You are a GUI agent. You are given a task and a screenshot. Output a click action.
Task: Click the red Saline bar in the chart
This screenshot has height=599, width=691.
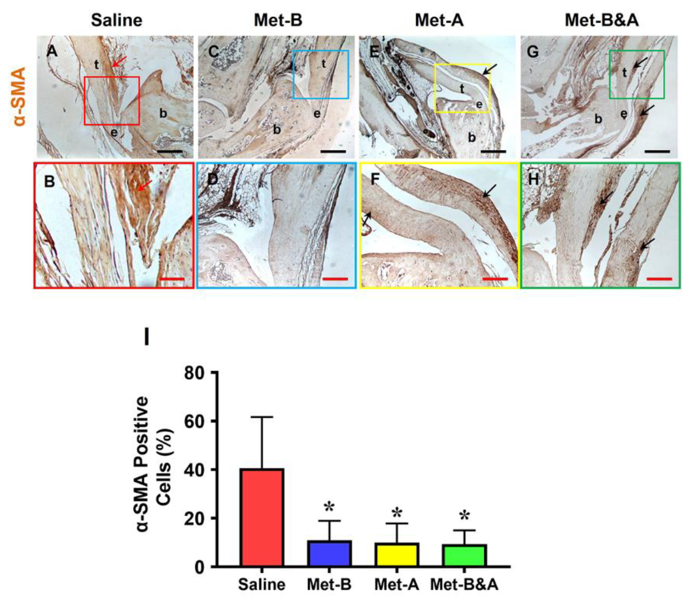tap(262, 518)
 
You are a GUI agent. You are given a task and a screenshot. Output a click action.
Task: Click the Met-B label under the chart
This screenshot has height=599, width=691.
tap(329, 585)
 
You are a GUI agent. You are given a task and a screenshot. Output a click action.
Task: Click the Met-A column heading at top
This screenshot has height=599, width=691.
tap(439, 20)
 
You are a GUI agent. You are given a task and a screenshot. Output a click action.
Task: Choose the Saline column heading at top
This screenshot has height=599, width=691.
tap(116, 20)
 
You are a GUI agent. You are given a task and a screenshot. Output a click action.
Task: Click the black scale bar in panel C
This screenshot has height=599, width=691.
tap(333, 151)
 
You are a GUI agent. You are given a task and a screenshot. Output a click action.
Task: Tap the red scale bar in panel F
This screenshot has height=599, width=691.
tap(495, 278)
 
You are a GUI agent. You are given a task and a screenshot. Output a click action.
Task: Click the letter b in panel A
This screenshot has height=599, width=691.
tap(163, 114)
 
